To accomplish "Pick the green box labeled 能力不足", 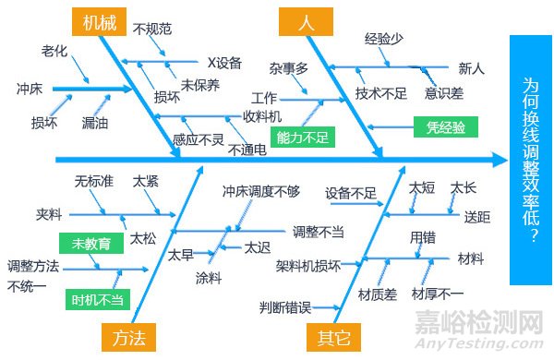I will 307,138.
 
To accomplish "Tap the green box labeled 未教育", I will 90,244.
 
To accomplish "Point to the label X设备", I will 224,63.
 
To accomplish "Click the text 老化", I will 54,49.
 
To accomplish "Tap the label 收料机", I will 262,116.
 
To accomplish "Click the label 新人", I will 471,68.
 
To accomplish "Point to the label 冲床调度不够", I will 261,192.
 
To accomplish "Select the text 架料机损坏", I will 307,266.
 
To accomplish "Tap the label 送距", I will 477,217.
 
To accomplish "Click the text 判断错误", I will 284,306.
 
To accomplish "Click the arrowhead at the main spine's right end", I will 501,160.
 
